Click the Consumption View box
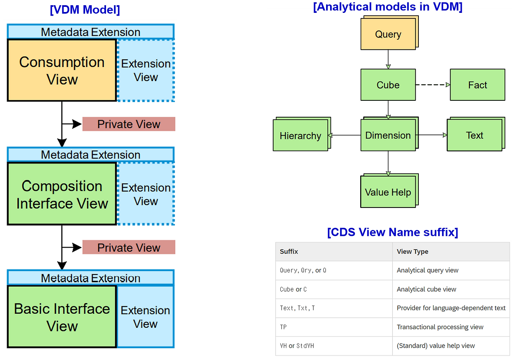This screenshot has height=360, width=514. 62,70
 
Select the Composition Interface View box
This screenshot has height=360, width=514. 62,194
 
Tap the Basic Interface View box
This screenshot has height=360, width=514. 62,317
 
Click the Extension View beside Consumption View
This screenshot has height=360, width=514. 146,71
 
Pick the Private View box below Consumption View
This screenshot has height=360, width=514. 128,124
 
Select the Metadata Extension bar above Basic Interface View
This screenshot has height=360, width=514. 90,278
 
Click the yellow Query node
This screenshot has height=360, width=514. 388,35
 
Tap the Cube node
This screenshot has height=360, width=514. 388,85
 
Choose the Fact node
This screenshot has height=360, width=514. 477,85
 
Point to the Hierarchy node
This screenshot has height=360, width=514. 300,136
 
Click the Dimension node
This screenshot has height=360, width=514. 388,135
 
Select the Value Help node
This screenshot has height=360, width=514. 388,192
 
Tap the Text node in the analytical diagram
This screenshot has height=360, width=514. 474,136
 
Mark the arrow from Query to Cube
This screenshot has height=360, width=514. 388,59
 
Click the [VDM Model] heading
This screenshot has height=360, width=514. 85,10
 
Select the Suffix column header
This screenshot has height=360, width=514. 289,251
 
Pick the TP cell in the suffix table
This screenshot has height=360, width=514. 284,327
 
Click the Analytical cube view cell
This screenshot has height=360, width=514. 426,289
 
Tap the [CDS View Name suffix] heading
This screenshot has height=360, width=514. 392,232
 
